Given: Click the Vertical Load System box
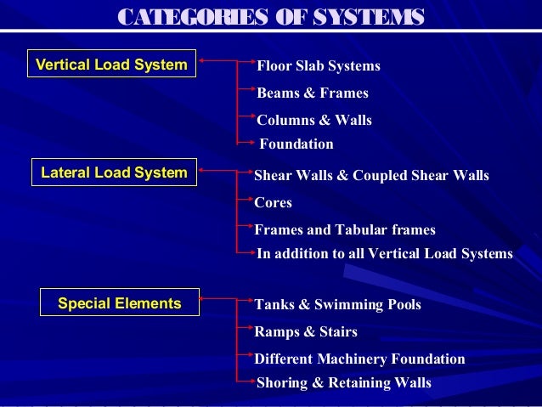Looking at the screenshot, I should click(x=111, y=65).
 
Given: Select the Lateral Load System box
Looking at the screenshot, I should click(x=114, y=172).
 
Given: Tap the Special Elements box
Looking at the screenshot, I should click(x=119, y=302).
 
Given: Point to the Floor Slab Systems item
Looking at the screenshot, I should click(x=319, y=66).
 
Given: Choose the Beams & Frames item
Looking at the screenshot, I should click(x=313, y=93).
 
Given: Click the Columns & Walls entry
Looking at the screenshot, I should click(x=314, y=121).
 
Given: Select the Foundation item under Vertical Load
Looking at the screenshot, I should click(x=296, y=144).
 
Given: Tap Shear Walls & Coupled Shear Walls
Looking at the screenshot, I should click(x=372, y=176).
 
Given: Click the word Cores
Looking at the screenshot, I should click(x=274, y=203).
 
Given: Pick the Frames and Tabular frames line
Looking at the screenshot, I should click(x=345, y=229).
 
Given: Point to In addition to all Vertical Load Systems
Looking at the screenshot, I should click(x=385, y=253).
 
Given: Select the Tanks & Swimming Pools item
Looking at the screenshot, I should click(x=338, y=304).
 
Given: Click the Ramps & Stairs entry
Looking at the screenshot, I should click(x=306, y=331).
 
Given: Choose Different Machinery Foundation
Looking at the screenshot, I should click(x=360, y=359).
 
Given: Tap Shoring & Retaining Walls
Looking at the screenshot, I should click(x=344, y=383).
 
